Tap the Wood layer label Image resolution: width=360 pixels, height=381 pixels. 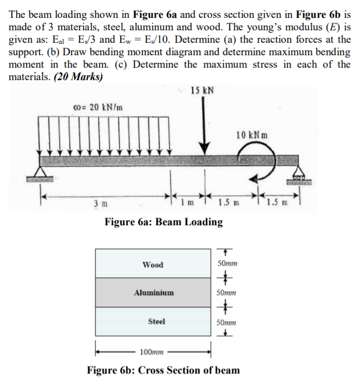coord(153,265)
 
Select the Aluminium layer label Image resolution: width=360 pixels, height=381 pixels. coord(154,293)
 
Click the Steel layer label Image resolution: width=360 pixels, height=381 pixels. coord(156,321)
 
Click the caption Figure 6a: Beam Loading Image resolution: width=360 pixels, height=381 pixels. coord(163,222)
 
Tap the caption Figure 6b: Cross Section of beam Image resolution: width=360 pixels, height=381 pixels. coord(163,370)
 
